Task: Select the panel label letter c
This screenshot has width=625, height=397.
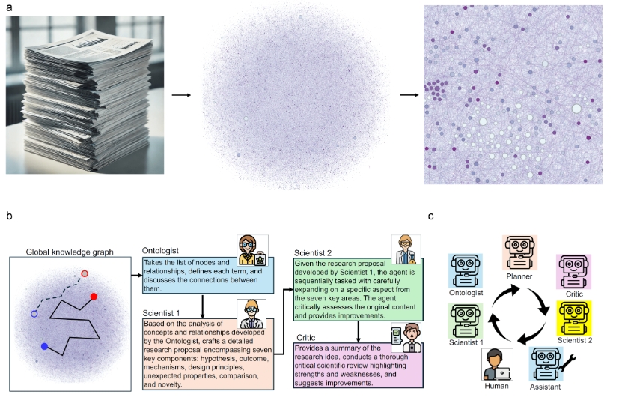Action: click(431, 216)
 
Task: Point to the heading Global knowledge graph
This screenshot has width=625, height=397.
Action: click(69, 252)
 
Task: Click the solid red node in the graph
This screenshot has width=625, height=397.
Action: click(94, 297)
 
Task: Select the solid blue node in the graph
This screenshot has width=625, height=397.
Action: click(45, 346)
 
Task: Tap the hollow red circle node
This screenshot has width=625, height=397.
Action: click(85, 274)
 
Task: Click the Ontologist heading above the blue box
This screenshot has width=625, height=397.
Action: click(162, 251)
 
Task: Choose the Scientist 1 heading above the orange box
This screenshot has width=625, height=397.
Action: click(165, 312)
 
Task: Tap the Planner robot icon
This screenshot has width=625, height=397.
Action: click(518, 252)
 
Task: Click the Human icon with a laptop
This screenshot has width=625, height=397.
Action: click(497, 363)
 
